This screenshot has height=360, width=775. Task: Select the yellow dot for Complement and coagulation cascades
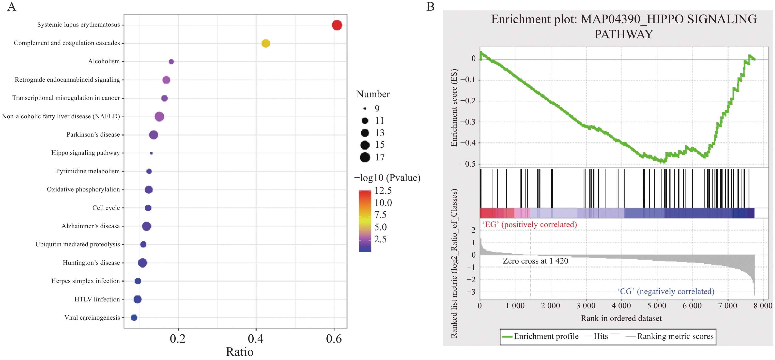pyautogui.click(x=265, y=43)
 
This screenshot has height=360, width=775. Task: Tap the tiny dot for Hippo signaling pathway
pyautogui.click(x=151, y=153)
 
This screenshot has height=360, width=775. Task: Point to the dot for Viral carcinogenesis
pyautogui.click(x=134, y=318)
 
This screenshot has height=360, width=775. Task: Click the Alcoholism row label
pyautogui.click(x=104, y=62)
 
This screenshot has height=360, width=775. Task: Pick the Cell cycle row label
pyautogui.click(x=106, y=208)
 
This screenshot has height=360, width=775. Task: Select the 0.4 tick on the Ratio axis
pyautogui.click(x=255, y=339)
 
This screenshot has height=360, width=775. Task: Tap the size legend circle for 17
pyautogui.click(x=365, y=157)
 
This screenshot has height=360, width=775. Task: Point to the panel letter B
pyautogui.click(x=430, y=7)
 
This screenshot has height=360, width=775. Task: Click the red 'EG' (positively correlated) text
pyautogui.click(x=529, y=225)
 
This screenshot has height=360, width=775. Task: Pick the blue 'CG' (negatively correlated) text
pyautogui.click(x=666, y=291)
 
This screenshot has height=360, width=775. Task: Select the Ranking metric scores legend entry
pyautogui.click(x=670, y=336)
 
